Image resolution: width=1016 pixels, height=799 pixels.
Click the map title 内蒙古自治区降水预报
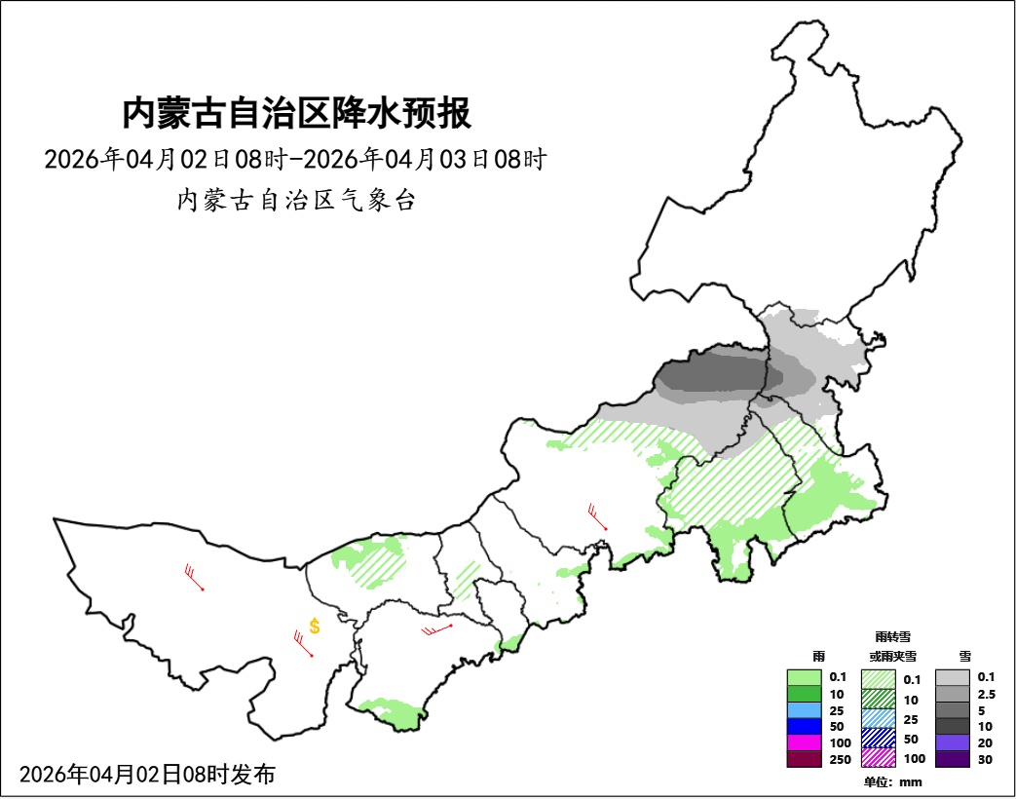pyautogui.click(x=296, y=113)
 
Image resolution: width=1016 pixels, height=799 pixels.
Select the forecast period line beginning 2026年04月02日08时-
pyautogui.click(x=296, y=159)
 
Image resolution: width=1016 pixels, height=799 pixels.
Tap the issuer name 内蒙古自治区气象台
pyautogui.click(x=296, y=201)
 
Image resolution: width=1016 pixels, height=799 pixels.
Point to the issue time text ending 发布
pyautogui.click(x=147, y=775)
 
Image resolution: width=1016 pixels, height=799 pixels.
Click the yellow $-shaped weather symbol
pyautogui.click(x=315, y=627)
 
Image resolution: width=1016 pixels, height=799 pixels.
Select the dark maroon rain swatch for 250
pyautogui.click(x=805, y=760)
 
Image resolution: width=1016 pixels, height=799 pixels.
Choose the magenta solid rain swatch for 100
pyautogui.click(x=805, y=743)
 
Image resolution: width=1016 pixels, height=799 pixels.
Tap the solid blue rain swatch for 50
pyautogui.click(x=805, y=727)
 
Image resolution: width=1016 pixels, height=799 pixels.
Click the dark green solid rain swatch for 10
pyautogui.click(x=805, y=694)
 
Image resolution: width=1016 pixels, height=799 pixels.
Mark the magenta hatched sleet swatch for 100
pyautogui.click(x=880, y=756)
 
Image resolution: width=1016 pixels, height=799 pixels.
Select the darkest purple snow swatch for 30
pyautogui.click(x=952, y=760)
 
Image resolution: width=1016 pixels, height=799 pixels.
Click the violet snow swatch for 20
pyautogui.click(x=952, y=743)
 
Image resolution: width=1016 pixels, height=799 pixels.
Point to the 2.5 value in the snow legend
pyautogui.click(x=986, y=694)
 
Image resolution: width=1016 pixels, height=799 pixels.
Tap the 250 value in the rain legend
pyautogui.click(x=839, y=760)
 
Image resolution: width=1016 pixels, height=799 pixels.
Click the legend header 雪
pyautogui.click(x=964, y=657)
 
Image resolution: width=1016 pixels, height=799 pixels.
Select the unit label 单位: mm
pyautogui.click(x=892, y=781)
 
